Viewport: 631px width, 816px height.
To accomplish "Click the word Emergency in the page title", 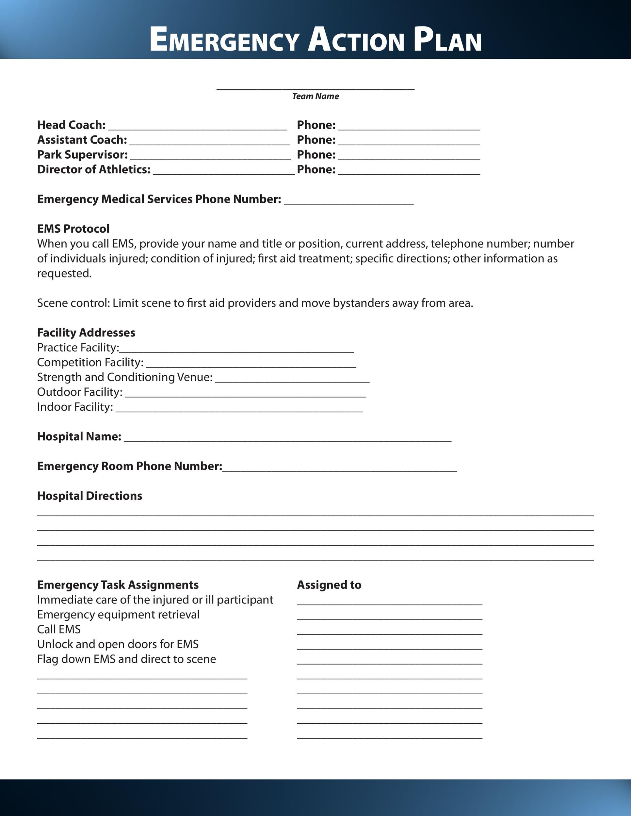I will coord(224,39).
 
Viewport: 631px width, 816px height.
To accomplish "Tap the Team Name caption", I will coord(315,96).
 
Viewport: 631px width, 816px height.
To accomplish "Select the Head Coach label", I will coord(71,125).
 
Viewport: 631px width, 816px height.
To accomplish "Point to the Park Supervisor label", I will coord(82,155).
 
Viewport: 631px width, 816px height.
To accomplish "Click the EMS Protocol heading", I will coord(73,229).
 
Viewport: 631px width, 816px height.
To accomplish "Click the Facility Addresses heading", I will coord(86,333).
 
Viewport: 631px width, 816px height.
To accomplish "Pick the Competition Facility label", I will coord(90,362).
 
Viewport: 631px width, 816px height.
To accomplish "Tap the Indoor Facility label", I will coord(75,407).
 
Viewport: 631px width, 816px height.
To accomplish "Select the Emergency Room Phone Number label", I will coord(129,466).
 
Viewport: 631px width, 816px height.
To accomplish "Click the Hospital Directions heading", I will coord(90,496).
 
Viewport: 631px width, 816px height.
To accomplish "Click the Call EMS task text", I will coord(59,629).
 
